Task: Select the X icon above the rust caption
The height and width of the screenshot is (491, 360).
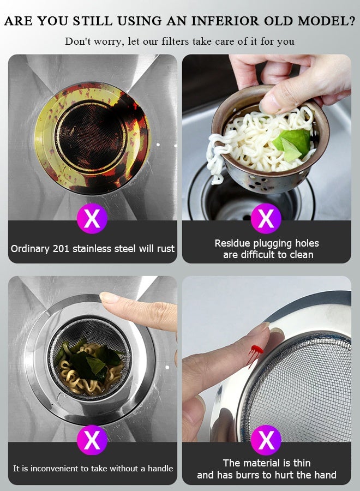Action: [x=92, y=219]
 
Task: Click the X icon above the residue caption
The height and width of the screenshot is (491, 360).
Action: [x=266, y=219]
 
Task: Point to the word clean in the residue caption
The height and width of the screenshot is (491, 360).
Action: [x=301, y=255]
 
